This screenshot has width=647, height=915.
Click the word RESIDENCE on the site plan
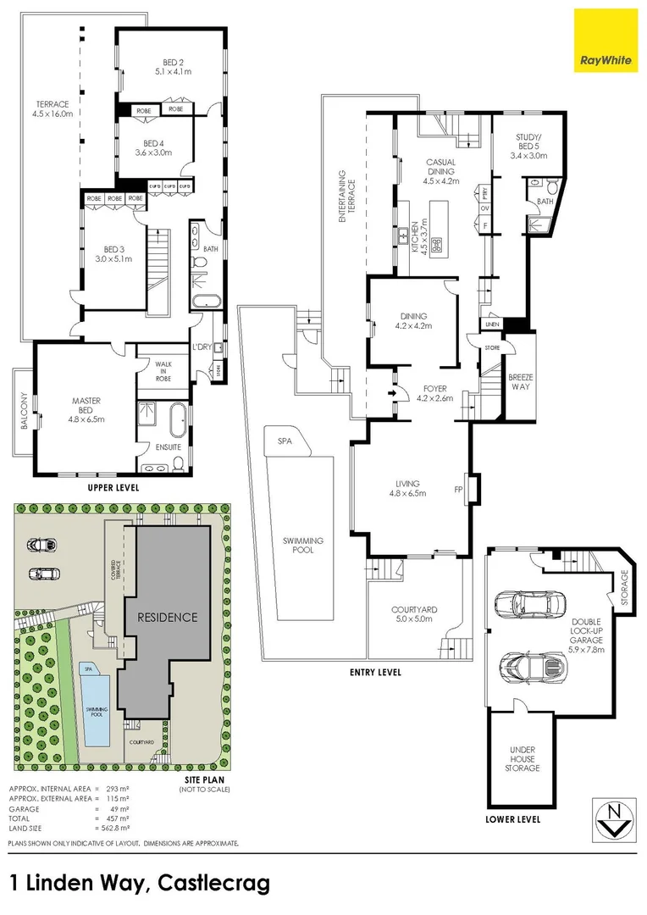169,617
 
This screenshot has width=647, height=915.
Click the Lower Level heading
513,820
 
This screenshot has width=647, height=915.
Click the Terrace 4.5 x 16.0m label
52,109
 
